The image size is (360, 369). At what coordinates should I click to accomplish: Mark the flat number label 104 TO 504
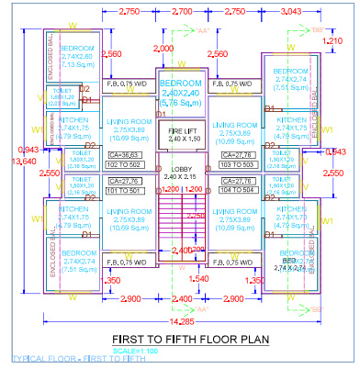241,192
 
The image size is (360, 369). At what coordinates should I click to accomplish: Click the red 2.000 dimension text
165,47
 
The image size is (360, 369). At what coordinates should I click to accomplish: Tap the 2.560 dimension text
111,54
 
